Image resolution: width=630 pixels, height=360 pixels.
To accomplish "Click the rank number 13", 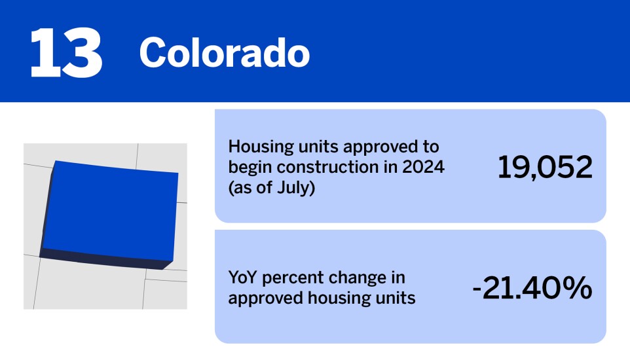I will (x=65, y=53).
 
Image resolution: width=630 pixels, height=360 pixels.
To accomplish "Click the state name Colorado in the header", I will (x=224, y=53).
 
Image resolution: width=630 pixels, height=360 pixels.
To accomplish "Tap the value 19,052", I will (x=545, y=168).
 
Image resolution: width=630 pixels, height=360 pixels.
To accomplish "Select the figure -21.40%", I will (x=532, y=289).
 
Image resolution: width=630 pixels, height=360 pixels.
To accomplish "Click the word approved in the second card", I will (x=261, y=298).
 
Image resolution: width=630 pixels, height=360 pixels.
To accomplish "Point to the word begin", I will (x=250, y=167).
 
